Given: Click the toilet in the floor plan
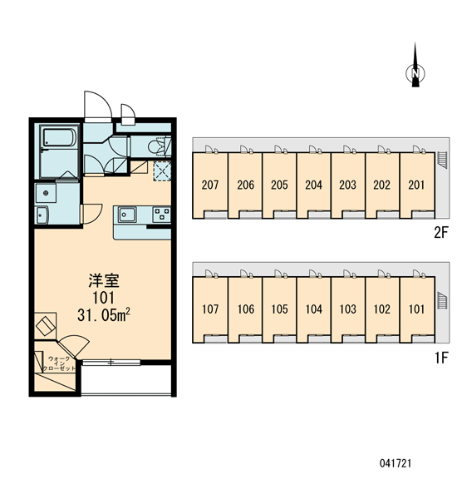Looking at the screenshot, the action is tap(158, 146).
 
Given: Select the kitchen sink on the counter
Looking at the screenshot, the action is tap(127, 214).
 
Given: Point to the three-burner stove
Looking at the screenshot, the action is tap(161, 214).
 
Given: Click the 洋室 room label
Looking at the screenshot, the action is tap(104, 281).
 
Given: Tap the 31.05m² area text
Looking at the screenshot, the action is tap(104, 315).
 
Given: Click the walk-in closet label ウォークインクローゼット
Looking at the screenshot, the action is tap(59, 363).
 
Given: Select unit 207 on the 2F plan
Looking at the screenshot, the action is tap(210, 185).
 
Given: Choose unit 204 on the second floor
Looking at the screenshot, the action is tap(313, 185).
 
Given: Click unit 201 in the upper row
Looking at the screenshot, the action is tap(416, 185).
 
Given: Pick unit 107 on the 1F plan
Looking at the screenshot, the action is tap(210, 309).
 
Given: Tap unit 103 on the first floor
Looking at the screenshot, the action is tap(347, 309).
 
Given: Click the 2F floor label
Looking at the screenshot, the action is tap(440, 233).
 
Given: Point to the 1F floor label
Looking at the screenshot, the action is tap(441, 358).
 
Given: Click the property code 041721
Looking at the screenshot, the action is tap(396, 463).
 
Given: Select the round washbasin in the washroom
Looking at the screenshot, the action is tap(46, 193).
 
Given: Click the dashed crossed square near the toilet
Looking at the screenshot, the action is tap(162, 171).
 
